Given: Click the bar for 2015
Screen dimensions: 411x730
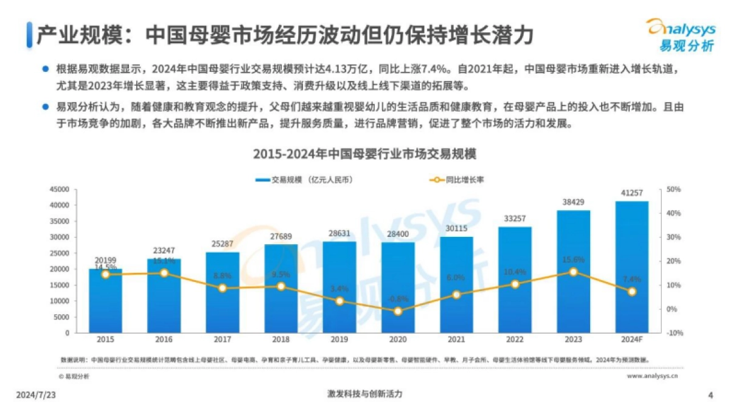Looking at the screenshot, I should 105,301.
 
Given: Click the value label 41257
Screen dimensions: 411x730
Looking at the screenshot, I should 631,193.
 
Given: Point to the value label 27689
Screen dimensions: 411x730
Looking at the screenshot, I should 280,236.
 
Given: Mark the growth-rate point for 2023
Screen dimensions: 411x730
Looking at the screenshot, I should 573,272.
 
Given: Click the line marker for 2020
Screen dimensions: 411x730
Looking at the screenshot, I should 398,311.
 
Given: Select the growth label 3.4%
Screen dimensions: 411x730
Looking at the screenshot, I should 339,289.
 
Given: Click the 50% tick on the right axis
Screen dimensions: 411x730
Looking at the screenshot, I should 674,189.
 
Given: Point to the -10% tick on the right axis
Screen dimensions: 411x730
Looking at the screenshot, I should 675,333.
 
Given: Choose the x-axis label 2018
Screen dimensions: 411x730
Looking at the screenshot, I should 280,340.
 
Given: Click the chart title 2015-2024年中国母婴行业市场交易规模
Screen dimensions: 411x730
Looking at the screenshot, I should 364,154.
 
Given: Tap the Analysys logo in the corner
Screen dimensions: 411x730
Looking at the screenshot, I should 681,35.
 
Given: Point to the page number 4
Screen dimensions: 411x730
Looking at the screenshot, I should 711,395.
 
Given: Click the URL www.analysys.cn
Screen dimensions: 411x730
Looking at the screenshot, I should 653,376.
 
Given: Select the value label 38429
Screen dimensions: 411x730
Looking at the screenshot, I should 573,202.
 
